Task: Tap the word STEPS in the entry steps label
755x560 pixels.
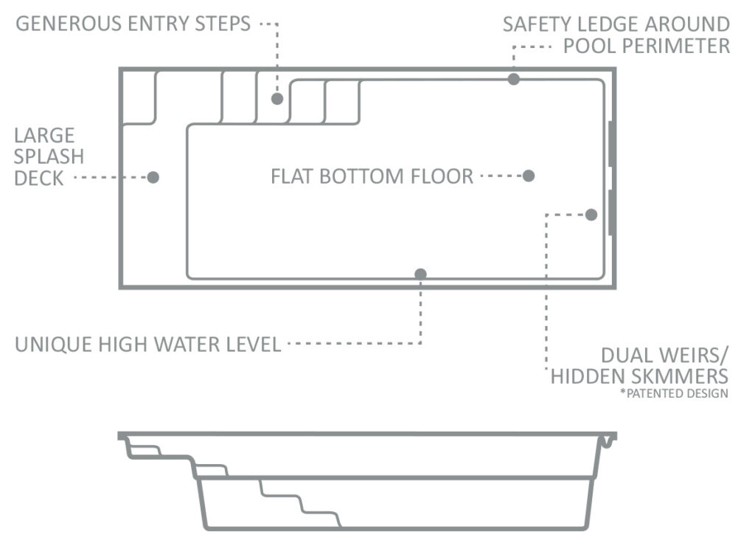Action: pyautogui.click(x=223, y=24)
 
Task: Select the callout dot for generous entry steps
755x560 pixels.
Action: pyautogui.click(x=277, y=99)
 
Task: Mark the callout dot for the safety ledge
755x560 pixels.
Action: pyautogui.click(x=514, y=79)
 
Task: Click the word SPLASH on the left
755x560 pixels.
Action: pyautogui.click(x=49, y=156)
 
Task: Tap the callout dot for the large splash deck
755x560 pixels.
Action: pyautogui.click(x=153, y=177)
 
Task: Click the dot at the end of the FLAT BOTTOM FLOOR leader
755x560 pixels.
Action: pyautogui.click(x=529, y=176)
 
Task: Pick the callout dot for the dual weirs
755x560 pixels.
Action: pyautogui.click(x=591, y=215)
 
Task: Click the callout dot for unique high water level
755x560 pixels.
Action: pyautogui.click(x=420, y=274)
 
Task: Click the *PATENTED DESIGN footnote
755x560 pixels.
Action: pyautogui.click(x=674, y=393)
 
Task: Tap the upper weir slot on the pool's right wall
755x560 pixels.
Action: pyautogui.click(x=610, y=144)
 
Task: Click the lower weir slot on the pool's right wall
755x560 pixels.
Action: pyautogui.click(x=610, y=212)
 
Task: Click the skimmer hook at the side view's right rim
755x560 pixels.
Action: pyautogui.click(x=608, y=441)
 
